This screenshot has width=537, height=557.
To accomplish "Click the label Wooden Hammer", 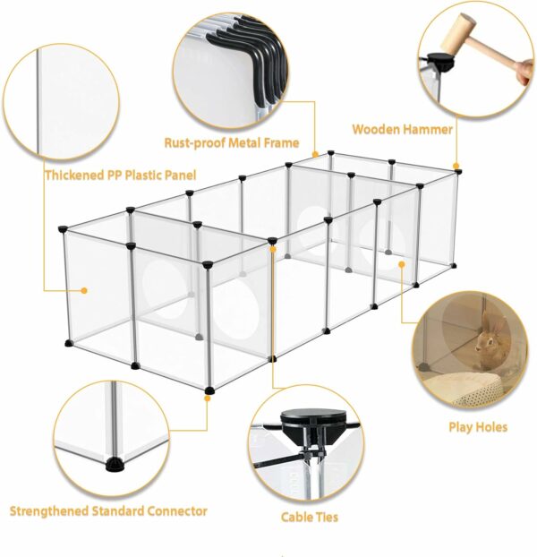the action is (x=402, y=129).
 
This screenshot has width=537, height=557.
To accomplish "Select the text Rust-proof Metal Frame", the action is (x=232, y=142).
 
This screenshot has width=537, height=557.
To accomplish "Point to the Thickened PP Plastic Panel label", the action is (x=120, y=176).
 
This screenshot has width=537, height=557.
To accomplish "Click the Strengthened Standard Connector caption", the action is (x=108, y=511).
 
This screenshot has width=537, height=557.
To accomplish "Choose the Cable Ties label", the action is (x=309, y=518).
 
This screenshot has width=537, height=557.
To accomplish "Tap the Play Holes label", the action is (x=478, y=427).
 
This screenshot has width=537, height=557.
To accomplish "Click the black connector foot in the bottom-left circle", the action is (x=115, y=464).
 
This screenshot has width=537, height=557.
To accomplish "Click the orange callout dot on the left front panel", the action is (x=84, y=290).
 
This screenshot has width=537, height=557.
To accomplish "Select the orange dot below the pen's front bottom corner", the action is (x=208, y=398).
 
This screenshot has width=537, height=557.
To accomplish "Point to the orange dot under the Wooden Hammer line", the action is (x=456, y=166).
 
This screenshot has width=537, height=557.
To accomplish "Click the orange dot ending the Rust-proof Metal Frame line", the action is (x=315, y=155).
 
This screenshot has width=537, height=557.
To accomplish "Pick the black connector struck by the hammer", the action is (x=441, y=61).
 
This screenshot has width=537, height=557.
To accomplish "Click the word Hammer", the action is (x=427, y=129).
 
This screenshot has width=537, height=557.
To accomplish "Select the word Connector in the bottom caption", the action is (x=177, y=511).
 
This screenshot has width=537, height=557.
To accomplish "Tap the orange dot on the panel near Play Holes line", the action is (x=402, y=264).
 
